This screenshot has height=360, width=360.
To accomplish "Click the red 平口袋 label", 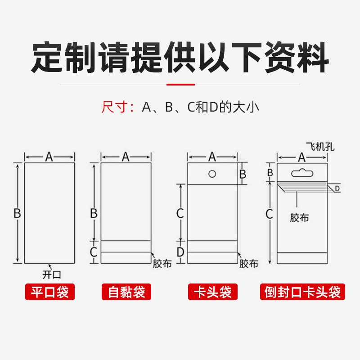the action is [49, 292].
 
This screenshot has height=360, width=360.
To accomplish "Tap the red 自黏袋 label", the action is [126, 292].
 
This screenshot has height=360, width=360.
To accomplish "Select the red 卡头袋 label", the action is [212, 292].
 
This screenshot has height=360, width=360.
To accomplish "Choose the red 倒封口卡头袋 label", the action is [302, 292].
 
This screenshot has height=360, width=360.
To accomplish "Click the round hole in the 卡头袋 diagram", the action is [212, 174].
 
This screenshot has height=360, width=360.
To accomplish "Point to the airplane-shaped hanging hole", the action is [302, 172].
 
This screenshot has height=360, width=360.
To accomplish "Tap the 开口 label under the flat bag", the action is [51, 274].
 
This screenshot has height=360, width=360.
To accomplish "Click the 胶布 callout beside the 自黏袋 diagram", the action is [162, 264].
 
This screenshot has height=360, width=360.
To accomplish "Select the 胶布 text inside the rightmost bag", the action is [299, 218].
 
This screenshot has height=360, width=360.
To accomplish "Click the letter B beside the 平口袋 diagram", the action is [17, 213].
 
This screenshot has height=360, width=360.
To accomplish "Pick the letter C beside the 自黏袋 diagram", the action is [94, 252].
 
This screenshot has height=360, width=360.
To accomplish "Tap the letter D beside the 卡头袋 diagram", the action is [180, 252].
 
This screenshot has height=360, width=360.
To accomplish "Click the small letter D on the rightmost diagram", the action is [337, 189].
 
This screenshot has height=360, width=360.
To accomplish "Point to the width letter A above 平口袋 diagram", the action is [49, 157].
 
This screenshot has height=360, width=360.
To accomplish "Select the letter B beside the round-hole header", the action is [243, 174].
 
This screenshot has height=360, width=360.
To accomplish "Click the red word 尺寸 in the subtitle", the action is [112, 108].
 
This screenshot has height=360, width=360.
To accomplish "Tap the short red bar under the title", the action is [180, 84].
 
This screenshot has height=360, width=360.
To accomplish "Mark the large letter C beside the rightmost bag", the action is [269, 214].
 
